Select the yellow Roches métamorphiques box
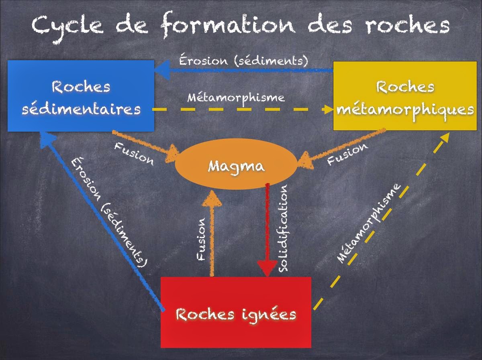tap(405, 96)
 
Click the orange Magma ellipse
tap(236, 165)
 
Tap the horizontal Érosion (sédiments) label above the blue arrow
tap(243, 61)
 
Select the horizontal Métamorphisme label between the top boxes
tap(236, 98)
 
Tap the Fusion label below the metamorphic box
tap(347, 154)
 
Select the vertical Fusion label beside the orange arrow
tap(202, 239)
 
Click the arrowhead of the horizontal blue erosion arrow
tap(161, 70)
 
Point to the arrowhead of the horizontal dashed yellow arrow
tap(327, 109)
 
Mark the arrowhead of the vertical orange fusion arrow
tap(211, 197)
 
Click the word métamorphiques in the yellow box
tap(405, 109)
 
